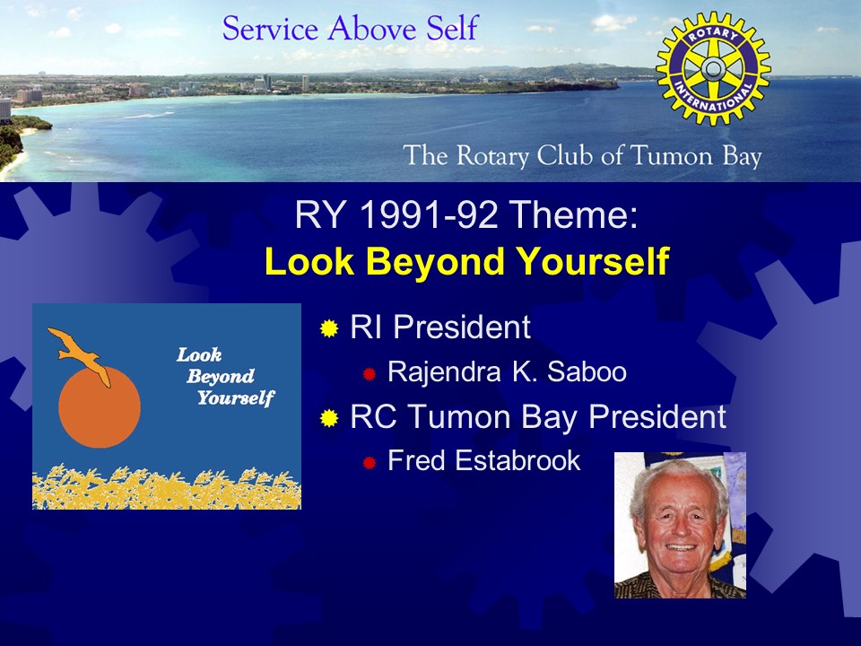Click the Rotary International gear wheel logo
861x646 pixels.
pos(713,69)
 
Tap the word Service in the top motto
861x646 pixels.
pos(270,29)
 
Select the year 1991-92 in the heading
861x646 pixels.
pos(429,214)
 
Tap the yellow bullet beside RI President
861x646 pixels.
pos(329,328)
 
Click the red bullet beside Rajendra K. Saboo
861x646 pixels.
pos(369,374)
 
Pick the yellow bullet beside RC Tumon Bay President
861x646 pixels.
pos(329,418)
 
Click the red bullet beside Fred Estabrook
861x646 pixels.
pos(369,463)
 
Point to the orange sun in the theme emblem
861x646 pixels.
pos(100,407)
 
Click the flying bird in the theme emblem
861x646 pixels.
pos(80,355)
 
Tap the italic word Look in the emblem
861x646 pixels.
pos(199,355)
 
